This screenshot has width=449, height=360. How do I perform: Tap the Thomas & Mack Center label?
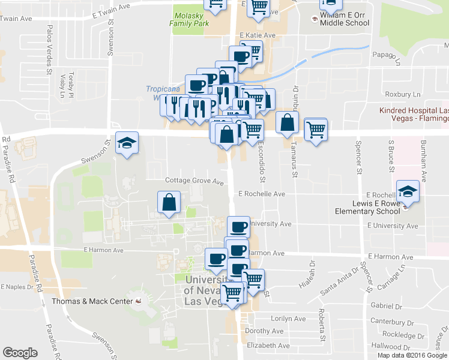[91, 301]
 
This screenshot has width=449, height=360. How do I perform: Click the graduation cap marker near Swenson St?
[127, 143]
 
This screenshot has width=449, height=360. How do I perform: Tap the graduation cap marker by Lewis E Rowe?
[408, 192]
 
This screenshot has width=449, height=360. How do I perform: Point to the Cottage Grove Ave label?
[194, 181]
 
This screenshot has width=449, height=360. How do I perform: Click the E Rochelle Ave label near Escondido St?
[261, 194]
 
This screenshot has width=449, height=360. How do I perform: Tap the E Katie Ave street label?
[257, 35]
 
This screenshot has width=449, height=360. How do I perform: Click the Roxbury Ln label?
[403, 94]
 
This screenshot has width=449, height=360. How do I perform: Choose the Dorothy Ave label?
[264, 331]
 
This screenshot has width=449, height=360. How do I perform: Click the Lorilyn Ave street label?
[271, 319]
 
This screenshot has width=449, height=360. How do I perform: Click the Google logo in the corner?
[20, 352]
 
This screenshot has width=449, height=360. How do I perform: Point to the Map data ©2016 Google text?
[411, 355]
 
